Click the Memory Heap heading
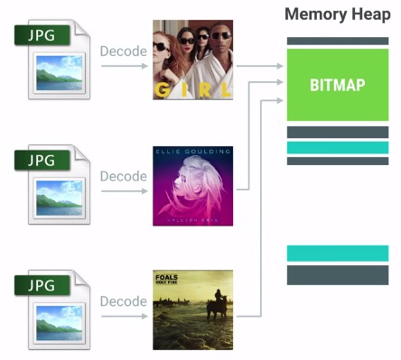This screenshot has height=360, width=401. point(338,15)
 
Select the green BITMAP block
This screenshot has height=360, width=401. point(337,85)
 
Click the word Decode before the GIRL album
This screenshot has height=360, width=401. point(124,51)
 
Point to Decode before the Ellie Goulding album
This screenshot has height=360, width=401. point(124,176)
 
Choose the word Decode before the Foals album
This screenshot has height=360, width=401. point(124,300)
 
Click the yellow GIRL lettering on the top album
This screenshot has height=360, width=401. point(191,90)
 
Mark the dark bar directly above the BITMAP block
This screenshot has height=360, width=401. point(337,41)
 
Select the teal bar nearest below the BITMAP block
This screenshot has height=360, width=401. point(337,147)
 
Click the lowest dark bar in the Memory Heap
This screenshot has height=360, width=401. point(337,274)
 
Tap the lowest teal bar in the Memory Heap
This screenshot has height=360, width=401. point(337,254)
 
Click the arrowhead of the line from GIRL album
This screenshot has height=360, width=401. point(276,65)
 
